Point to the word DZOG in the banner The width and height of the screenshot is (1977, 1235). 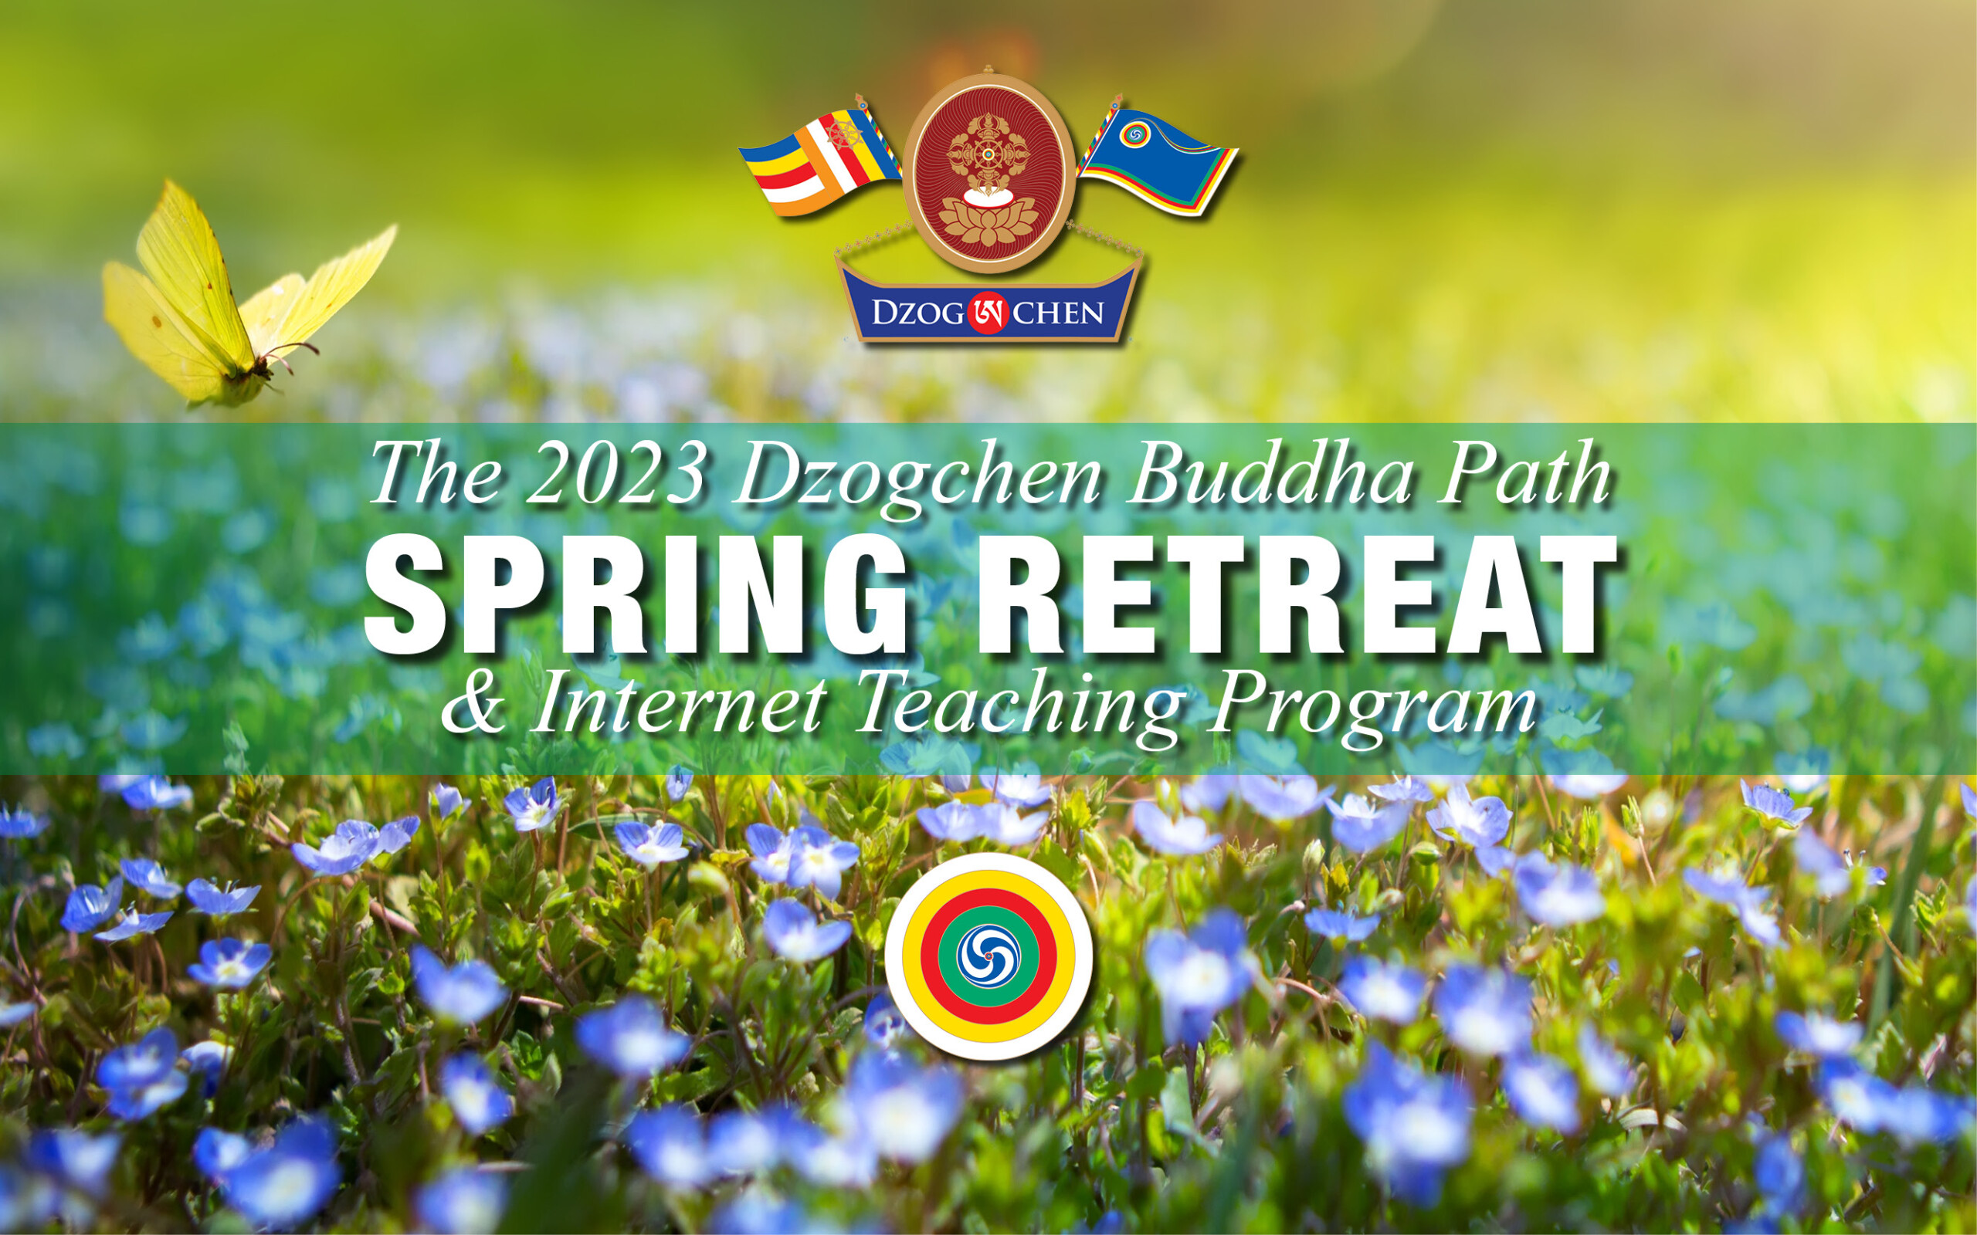click(918, 313)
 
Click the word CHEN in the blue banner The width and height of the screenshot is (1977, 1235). click(1059, 313)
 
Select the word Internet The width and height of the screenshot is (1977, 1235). click(679, 702)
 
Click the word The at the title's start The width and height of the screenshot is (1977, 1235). click(434, 475)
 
